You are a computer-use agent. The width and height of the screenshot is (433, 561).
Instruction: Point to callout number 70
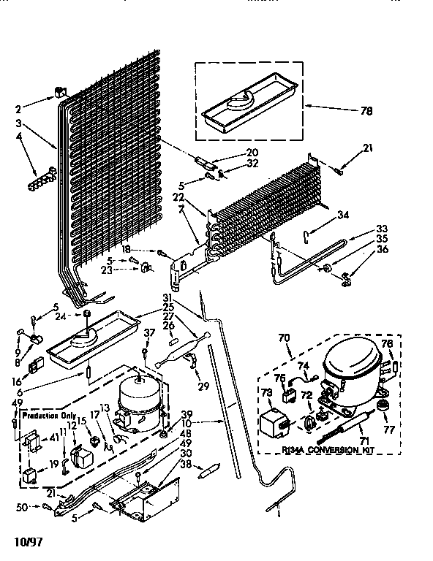(284, 338)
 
